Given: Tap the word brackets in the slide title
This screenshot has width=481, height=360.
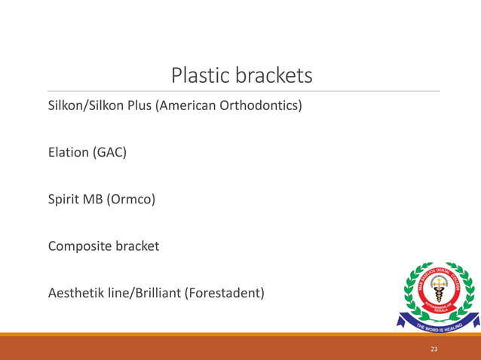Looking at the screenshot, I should pyautogui.click(x=273, y=75).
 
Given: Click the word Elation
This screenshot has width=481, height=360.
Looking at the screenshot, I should pyautogui.click(x=69, y=153).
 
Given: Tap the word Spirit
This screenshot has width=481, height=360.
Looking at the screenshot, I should pyautogui.click(x=65, y=200).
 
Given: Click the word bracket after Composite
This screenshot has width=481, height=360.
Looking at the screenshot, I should pyautogui.click(x=136, y=246).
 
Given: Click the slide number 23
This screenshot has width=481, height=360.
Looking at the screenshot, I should pyautogui.click(x=434, y=349).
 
